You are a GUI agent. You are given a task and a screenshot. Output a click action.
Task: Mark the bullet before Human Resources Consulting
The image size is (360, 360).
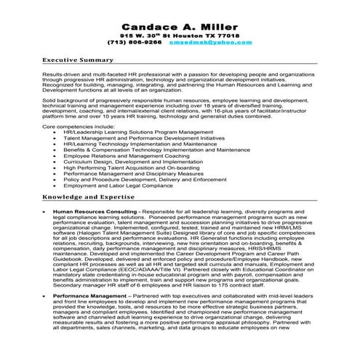point(46,211)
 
